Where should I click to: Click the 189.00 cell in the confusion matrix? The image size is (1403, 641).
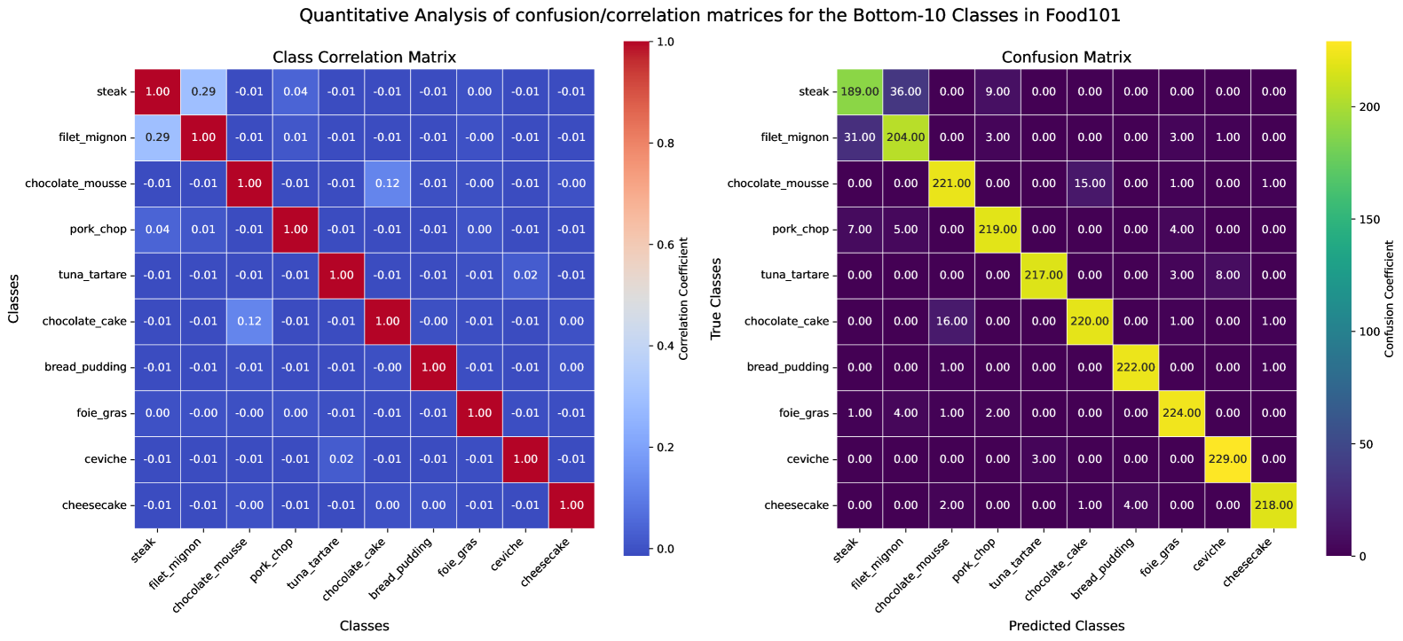point(859,92)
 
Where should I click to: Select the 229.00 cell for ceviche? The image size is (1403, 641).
point(1227,459)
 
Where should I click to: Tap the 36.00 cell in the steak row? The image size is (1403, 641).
point(905,92)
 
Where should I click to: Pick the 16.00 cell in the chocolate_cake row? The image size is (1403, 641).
point(951,321)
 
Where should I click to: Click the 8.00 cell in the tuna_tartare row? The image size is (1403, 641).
point(1227,276)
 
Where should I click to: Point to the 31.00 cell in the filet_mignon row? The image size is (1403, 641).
point(859,137)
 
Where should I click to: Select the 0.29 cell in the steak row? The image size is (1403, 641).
point(203,92)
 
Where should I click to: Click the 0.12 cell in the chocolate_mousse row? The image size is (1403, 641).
point(387,184)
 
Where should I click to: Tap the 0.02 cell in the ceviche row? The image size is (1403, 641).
point(342,459)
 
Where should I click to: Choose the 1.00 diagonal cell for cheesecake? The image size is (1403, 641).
point(571,505)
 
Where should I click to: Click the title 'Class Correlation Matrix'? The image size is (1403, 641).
point(364,58)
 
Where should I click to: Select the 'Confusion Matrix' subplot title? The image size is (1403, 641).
point(1066,58)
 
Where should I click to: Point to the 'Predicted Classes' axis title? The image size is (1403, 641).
point(1066,626)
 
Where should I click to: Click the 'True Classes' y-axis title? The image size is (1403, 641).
point(716,299)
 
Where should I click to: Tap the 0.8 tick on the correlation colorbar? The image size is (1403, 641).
point(665,144)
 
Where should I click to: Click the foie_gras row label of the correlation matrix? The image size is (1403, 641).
point(101,413)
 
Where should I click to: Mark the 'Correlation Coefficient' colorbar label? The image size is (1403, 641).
point(684,299)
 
